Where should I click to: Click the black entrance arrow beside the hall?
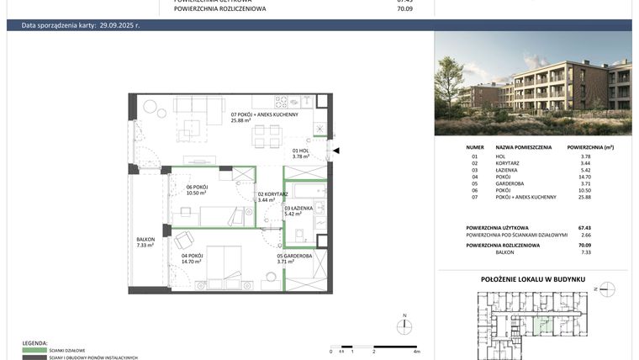(x=336, y=151)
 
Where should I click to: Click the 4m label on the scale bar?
(x=416, y=351)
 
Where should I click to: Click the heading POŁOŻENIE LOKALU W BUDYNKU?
(x=533, y=278)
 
